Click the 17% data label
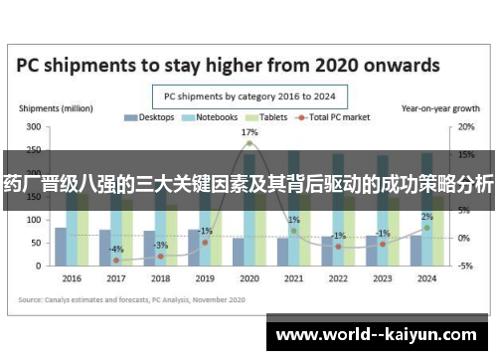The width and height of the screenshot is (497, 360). pos(249,132)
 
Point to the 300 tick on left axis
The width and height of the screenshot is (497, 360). pos(33,127)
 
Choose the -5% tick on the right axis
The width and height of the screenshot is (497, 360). pos(465,266)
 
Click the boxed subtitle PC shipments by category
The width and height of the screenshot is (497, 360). pos(248,96)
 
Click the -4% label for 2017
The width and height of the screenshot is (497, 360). pos(116,249)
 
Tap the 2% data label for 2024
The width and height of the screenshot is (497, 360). pos(427,216)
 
